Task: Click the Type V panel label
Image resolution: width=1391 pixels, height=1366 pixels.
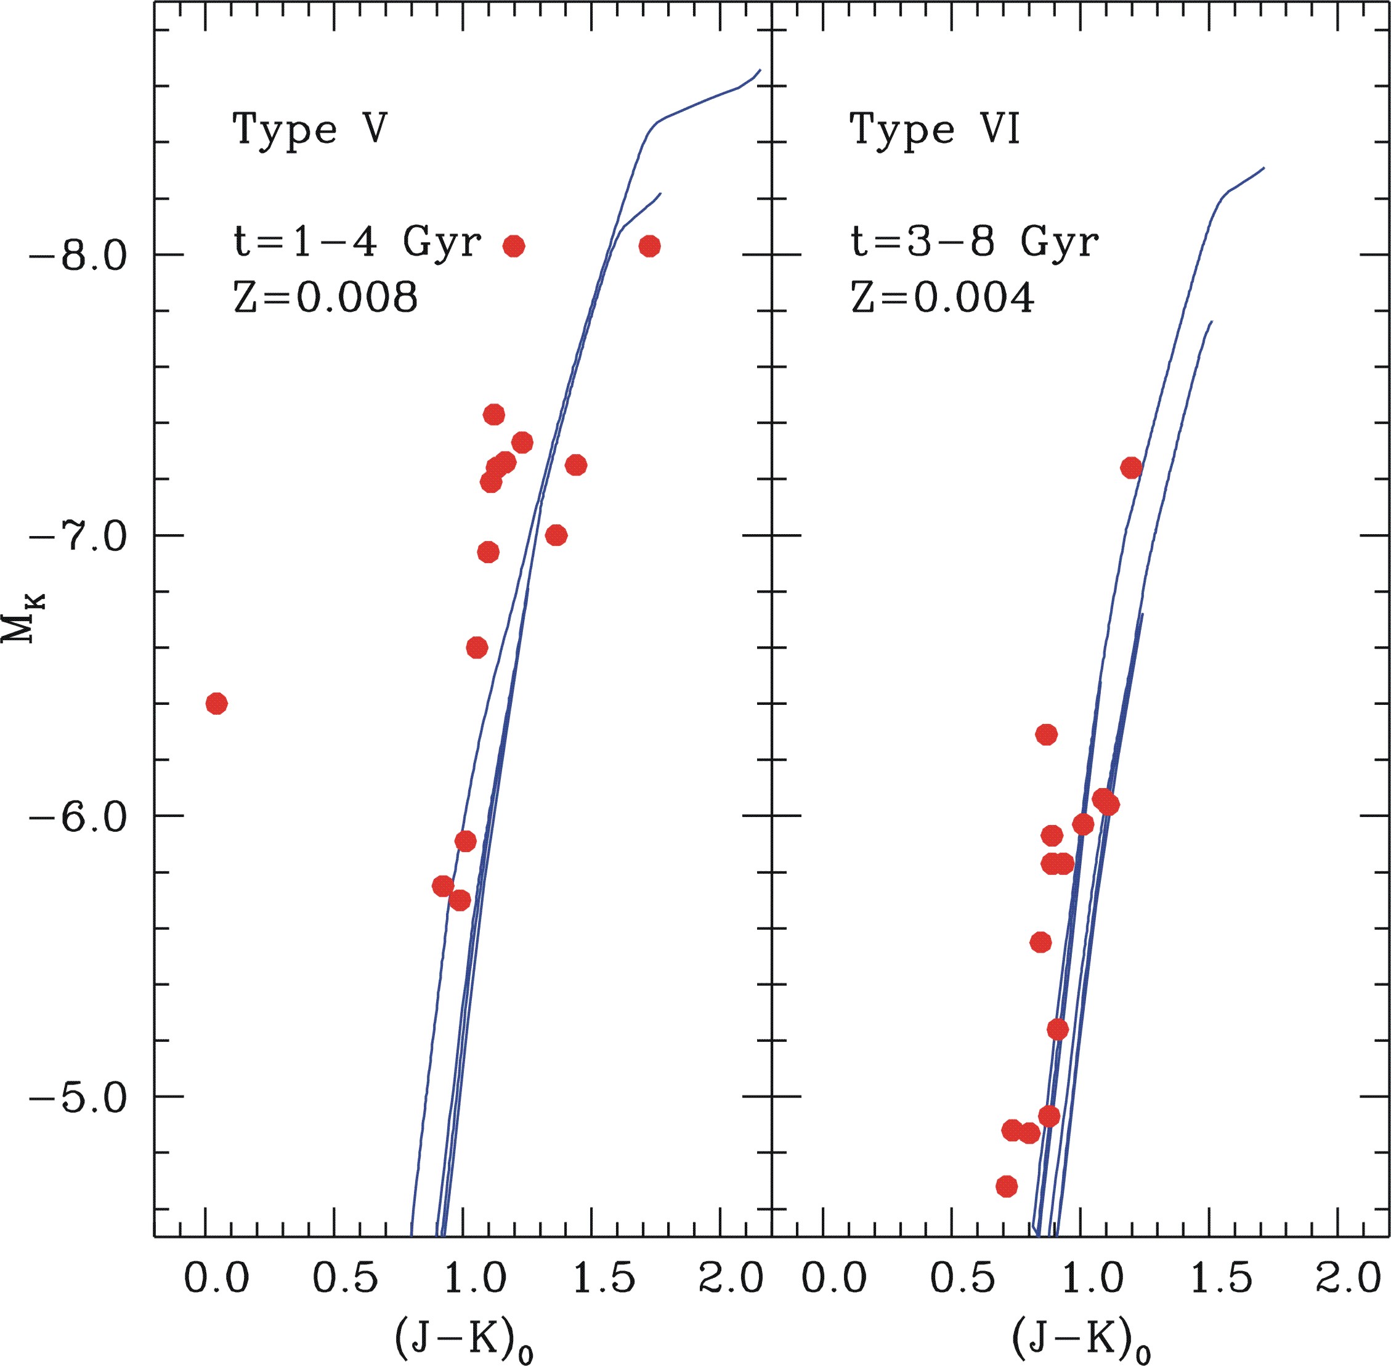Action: pos(310,131)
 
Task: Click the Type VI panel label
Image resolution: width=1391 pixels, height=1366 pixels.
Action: pos(934,131)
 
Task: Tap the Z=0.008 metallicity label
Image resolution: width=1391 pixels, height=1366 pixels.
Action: pos(325,297)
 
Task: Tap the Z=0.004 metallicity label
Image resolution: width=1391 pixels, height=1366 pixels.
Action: pos(942,297)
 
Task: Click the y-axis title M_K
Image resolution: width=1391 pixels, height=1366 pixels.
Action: pos(23,619)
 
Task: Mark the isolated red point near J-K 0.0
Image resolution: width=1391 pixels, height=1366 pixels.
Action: pos(217,703)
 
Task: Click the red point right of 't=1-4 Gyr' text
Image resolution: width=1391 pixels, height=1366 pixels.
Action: pos(514,246)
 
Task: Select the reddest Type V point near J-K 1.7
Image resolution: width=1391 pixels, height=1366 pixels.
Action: pos(649,246)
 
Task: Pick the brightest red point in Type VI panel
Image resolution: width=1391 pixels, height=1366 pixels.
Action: pos(1130,468)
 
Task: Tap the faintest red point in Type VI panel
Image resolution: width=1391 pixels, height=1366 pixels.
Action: pos(1007,1187)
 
